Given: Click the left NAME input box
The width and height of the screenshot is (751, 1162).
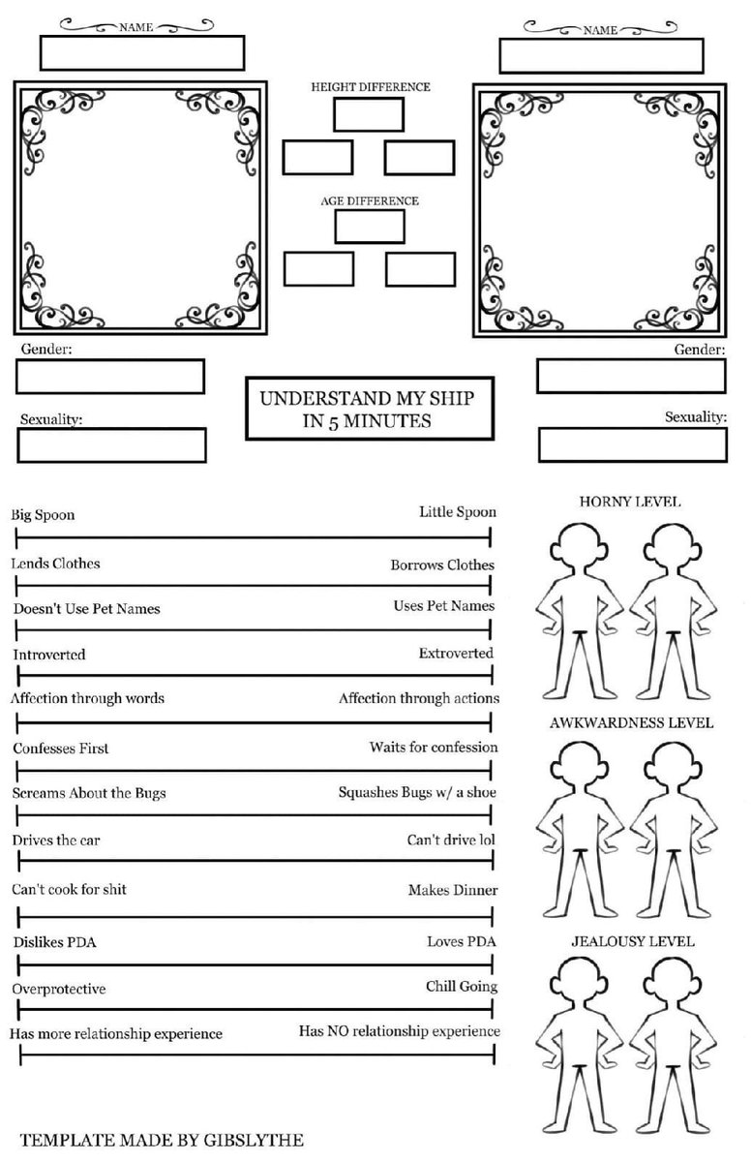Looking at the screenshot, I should pyautogui.click(x=141, y=52).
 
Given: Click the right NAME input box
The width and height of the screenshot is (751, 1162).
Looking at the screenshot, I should pyautogui.click(x=602, y=56).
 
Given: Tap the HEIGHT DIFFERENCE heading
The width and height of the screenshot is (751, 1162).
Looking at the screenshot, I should pyautogui.click(x=371, y=87).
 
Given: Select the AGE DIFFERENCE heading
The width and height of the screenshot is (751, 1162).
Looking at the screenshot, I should pyautogui.click(x=370, y=201).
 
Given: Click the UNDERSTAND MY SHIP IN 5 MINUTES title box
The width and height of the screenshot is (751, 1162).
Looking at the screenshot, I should pyautogui.click(x=370, y=409).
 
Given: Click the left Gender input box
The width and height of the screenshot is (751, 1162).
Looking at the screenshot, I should pyautogui.click(x=110, y=377).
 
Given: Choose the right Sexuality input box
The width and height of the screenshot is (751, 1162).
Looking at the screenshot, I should pyautogui.click(x=632, y=444).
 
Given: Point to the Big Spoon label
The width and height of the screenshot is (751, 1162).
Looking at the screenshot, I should pyautogui.click(x=43, y=515).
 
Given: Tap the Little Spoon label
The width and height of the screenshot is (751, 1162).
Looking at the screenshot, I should pyautogui.click(x=457, y=511).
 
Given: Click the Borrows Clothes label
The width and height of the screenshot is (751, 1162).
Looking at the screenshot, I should pyautogui.click(x=442, y=565).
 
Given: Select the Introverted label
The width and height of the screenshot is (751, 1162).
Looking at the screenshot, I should pyautogui.click(x=49, y=655).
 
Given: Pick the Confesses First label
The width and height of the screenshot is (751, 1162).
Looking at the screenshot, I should pyautogui.click(x=61, y=749).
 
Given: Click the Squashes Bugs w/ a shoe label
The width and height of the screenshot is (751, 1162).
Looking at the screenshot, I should pyautogui.click(x=418, y=792).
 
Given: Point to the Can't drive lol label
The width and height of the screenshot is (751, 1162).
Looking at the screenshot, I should pyautogui.click(x=450, y=840).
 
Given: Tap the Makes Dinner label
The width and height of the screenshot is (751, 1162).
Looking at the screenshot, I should pyautogui.click(x=453, y=890).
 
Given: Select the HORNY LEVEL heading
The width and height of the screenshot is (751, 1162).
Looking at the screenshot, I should pyautogui.click(x=629, y=502).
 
